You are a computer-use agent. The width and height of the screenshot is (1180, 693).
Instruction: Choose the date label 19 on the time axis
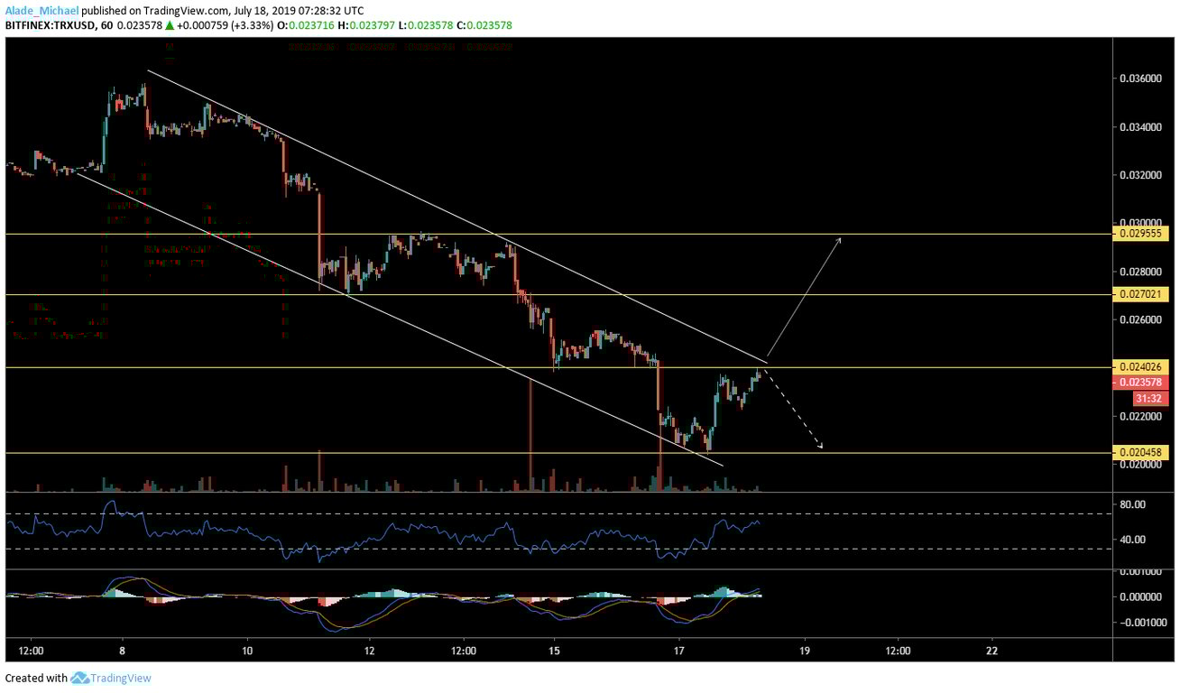point(805,650)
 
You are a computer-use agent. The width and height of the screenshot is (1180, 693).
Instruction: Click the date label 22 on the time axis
point(992,650)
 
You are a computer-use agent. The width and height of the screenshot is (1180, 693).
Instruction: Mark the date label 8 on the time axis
point(122,650)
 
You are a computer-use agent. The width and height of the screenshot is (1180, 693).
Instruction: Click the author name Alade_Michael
point(41,9)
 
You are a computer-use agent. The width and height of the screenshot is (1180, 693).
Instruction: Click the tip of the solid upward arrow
point(841,236)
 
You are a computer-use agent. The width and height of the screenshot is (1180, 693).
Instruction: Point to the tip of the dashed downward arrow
point(822,447)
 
